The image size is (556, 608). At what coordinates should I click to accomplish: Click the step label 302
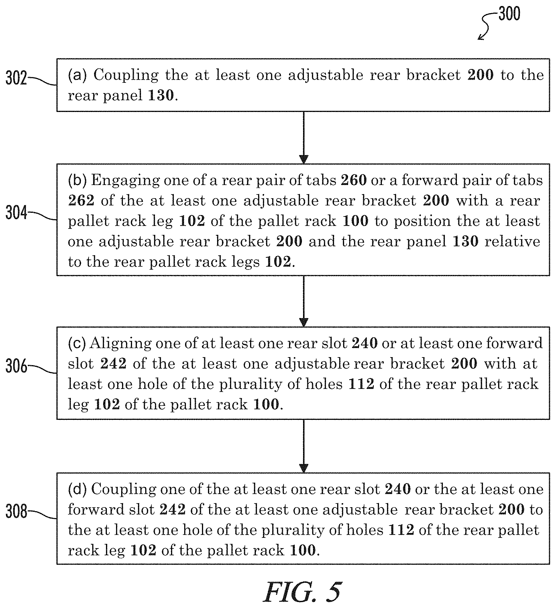point(16,78)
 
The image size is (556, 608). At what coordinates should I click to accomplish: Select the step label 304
point(16,212)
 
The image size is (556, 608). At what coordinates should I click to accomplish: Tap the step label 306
point(16,366)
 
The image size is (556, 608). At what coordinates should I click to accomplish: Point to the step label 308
point(16,511)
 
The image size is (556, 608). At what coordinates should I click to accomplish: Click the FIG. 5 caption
point(303,592)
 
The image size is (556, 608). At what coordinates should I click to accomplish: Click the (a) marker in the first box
point(77,75)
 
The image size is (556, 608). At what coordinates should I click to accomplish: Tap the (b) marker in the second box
point(77,180)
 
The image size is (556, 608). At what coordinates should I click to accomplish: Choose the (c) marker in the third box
point(77,343)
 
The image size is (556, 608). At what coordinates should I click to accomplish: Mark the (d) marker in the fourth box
point(77,489)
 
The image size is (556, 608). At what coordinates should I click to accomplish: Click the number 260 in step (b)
point(354,180)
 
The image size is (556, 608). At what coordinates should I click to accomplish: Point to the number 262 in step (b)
point(81,200)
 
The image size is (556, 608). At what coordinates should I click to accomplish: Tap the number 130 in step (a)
point(161,95)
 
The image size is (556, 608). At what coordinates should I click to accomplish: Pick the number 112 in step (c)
point(362,384)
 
